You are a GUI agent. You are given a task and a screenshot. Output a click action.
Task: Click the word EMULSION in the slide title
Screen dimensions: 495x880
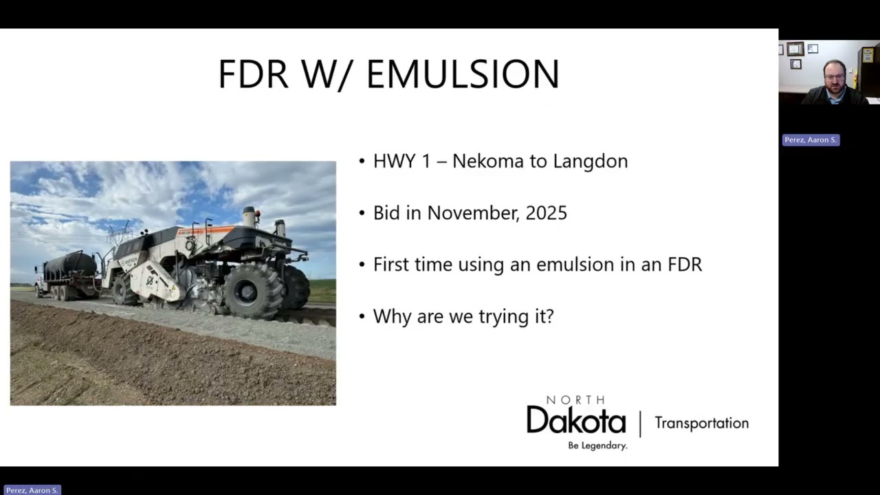(x=463, y=74)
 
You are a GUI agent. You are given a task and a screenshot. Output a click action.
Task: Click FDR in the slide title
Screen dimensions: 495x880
(x=253, y=74)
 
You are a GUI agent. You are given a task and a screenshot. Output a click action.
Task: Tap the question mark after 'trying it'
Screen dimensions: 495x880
(x=549, y=316)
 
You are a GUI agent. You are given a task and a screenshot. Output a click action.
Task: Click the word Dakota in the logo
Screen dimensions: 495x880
(x=576, y=420)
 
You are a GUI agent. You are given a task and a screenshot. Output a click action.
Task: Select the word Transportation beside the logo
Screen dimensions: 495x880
(x=701, y=423)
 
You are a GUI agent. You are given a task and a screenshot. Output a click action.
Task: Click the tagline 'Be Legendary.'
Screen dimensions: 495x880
(x=597, y=445)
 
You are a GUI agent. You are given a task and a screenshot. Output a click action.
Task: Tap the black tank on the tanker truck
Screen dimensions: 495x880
(x=71, y=265)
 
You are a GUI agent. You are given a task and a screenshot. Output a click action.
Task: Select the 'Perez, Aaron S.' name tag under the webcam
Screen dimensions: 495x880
(x=811, y=140)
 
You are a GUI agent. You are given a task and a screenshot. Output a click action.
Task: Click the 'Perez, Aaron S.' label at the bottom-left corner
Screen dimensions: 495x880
(x=31, y=490)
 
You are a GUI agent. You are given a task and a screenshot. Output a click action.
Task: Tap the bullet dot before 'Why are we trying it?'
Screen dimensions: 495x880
(x=362, y=316)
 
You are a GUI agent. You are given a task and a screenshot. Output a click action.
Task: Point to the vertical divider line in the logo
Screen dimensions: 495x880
(x=640, y=423)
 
